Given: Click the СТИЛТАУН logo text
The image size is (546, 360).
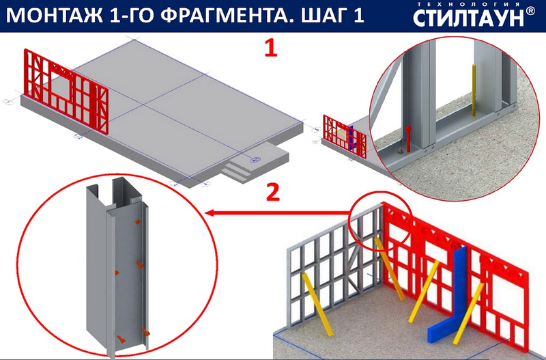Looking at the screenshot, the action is point(468,18).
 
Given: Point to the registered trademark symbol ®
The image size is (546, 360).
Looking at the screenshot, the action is point(530,11).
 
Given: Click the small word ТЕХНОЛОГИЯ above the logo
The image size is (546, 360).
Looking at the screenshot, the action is point(468,4).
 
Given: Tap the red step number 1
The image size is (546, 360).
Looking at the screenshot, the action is point(271,48).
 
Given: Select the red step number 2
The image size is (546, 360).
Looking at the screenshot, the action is point(272,192).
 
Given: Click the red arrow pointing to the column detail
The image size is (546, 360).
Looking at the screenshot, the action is point(277,212).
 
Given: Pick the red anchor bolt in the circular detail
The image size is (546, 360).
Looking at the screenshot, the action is point(408,139).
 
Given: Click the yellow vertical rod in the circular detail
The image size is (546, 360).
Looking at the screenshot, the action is point(474,90).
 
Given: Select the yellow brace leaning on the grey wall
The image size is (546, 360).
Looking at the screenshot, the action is point(317,304).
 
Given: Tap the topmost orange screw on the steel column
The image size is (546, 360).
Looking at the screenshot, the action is point(138,221).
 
